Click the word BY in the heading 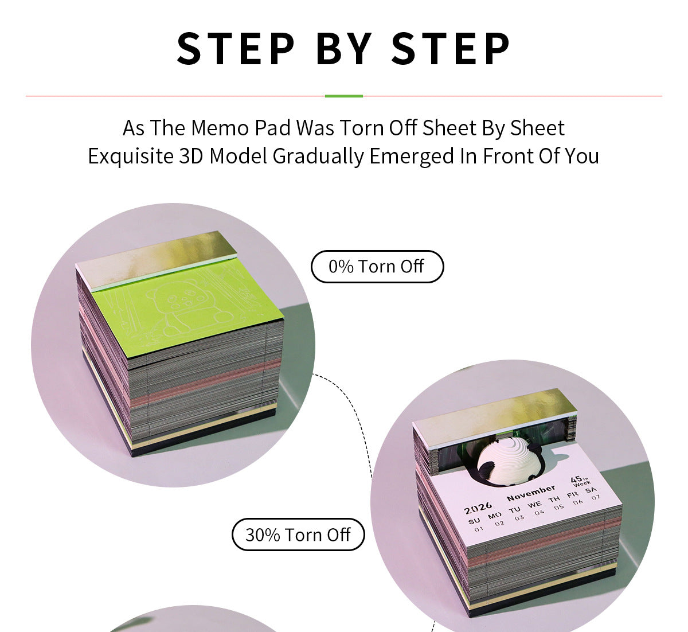coord(344,48)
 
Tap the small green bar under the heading coord(343,96)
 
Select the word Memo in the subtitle coord(220,128)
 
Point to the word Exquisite coord(131,156)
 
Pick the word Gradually coord(318,157)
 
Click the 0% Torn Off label coord(377,267)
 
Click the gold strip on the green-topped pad coord(156,259)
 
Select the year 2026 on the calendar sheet coord(478,508)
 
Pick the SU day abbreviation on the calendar coord(474,521)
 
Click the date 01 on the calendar coord(478,529)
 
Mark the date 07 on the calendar coord(596,497)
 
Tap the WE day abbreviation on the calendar coord(534,504)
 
